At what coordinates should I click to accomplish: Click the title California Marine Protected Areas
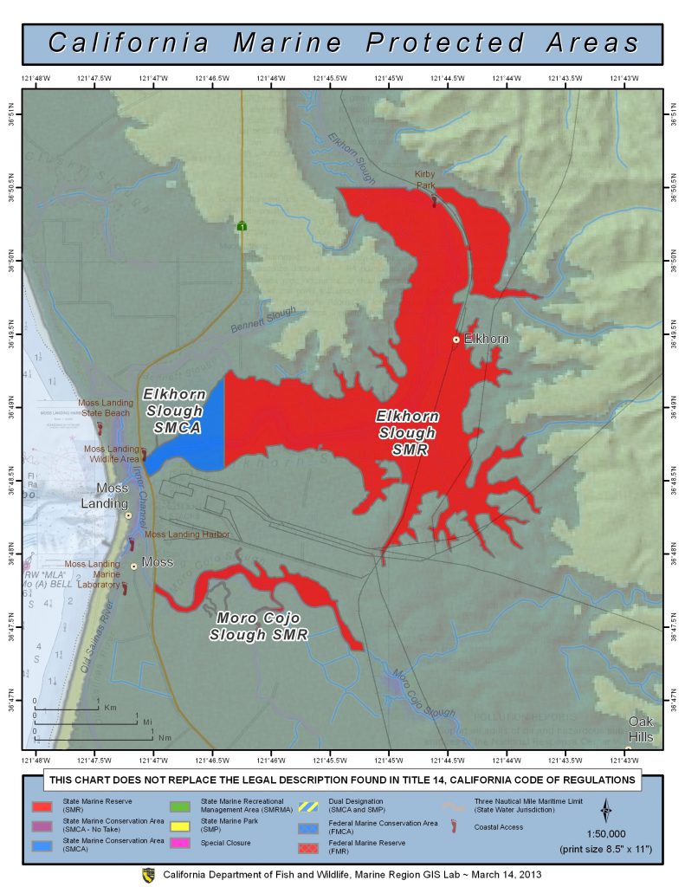tap(343, 42)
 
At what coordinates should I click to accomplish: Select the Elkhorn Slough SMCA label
tap(173, 411)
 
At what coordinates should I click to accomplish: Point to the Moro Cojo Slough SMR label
tap(258, 626)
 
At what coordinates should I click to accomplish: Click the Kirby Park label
tap(425, 179)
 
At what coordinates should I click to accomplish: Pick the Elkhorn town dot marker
tap(456, 340)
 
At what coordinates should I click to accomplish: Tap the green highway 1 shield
tap(242, 226)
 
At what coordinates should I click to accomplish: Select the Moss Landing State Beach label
tap(106, 408)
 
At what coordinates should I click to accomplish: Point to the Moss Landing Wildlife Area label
tap(111, 454)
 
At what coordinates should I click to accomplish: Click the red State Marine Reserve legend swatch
tap(41, 806)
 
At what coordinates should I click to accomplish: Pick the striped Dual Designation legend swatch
tap(307, 806)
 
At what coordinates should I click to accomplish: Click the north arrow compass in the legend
tap(605, 811)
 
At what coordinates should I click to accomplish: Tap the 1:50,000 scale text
tap(605, 834)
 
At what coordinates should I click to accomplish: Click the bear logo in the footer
tap(147, 875)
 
